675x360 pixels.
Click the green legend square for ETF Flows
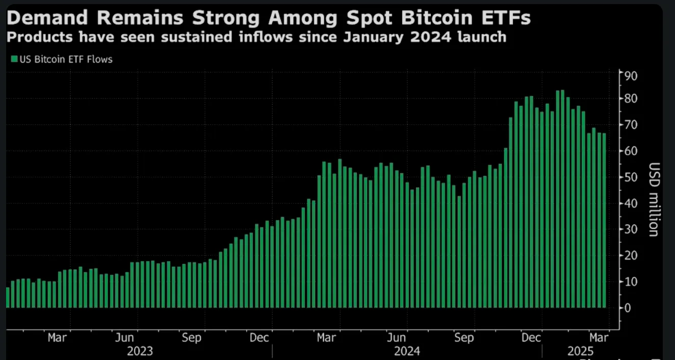(13, 59)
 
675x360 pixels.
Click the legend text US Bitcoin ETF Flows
(65, 59)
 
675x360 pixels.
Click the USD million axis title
(654, 199)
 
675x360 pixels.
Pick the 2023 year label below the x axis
(139, 351)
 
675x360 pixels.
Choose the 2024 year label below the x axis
(407, 351)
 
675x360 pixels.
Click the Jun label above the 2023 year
(125, 338)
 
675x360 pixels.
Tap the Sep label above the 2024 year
(464, 338)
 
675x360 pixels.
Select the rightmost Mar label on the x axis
(599, 338)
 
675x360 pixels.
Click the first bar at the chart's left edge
(8, 298)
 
